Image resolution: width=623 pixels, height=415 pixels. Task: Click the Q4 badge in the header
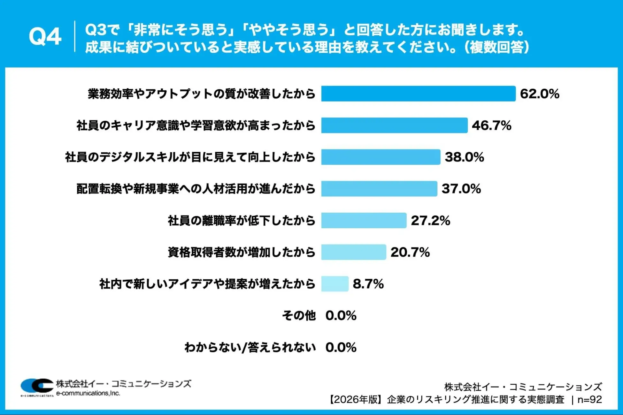(x=45, y=37)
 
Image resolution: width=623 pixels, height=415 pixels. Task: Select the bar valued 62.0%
(x=418, y=94)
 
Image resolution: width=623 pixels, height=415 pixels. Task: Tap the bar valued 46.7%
(x=394, y=125)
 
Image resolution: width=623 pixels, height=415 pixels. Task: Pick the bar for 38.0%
(x=381, y=157)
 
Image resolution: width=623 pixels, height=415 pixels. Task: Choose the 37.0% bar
(x=379, y=188)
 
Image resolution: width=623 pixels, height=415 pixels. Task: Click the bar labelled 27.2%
(x=364, y=220)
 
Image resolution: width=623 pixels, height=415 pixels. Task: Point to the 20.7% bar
(x=353, y=252)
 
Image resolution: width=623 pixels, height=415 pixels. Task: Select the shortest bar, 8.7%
(x=335, y=283)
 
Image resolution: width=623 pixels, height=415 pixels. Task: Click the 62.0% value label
(x=539, y=94)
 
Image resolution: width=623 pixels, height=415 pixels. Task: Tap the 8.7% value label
(x=368, y=283)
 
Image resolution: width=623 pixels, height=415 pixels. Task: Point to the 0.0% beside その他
(x=341, y=315)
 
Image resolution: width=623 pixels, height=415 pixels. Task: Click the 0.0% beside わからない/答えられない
(x=341, y=347)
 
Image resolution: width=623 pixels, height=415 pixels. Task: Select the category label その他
(x=298, y=315)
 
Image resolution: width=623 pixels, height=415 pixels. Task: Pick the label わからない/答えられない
(x=250, y=347)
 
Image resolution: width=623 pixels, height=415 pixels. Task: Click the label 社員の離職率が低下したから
(x=242, y=220)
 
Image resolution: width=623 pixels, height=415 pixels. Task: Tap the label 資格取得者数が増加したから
(x=242, y=252)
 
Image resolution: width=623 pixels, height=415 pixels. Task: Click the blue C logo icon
(x=37, y=386)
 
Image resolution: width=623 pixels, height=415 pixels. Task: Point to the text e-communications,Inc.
(x=88, y=393)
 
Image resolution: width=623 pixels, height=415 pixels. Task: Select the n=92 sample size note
(x=589, y=399)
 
